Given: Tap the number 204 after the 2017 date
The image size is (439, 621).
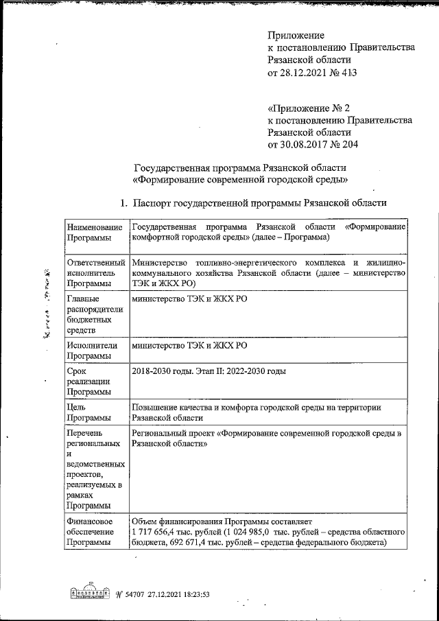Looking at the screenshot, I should pyautogui.click(x=348, y=144).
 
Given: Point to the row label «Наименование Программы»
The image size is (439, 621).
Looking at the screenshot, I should pyautogui.click(x=95, y=232).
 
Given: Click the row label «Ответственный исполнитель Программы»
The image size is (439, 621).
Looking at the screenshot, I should pyautogui.click(x=95, y=272).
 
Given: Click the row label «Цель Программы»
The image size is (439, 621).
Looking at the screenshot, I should pyautogui.click(x=85, y=412).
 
